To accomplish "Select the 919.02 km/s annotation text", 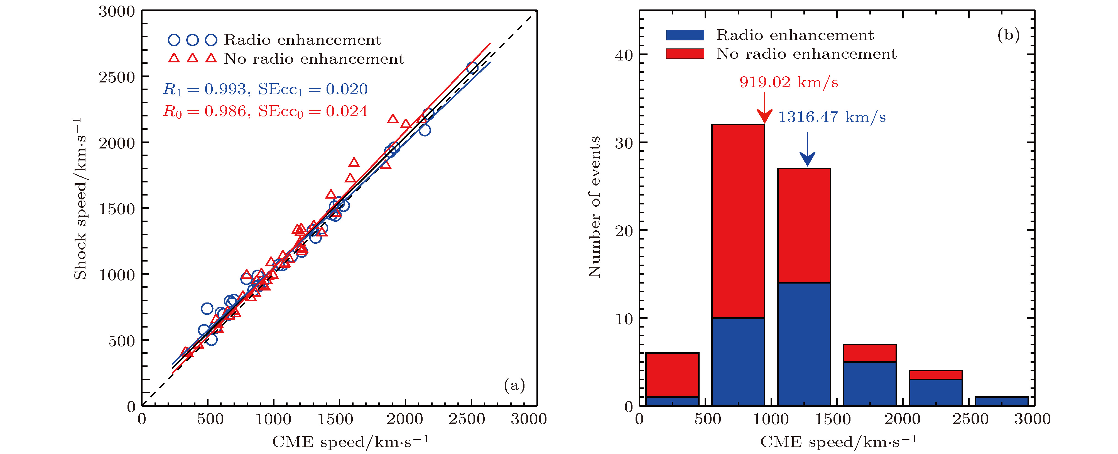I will pyautogui.click(x=789, y=82).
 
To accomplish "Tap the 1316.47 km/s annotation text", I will pyautogui.click(x=832, y=117).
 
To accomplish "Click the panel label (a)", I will pyautogui.click(x=514, y=385).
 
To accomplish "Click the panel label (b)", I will pyautogui.click(x=1008, y=35).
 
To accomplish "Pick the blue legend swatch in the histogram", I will pyautogui.click(x=685, y=35).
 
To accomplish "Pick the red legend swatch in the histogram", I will pyautogui.click(x=685, y=54).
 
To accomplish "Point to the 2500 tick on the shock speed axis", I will pyautogui.click(x=117, y=77).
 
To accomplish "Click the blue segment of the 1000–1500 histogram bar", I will pyautogui.click(x=804, y=344).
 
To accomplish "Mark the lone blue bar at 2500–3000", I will pyautogui.click(x=1002, y=401).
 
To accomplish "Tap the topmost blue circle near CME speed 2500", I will pyautogui.click(x=472, y=68).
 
